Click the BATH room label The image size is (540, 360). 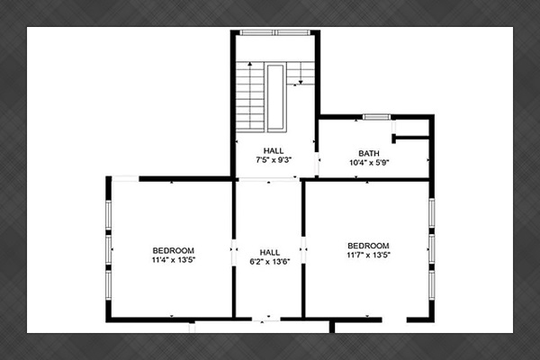click(369, 153)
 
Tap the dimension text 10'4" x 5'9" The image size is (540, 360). click(369, 163)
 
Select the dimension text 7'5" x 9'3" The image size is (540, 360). click(274, 160)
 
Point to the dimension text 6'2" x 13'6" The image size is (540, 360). click(270, 262)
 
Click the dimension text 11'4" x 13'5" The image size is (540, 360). click(174, 260)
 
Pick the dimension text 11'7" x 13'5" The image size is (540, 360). click(368, 255)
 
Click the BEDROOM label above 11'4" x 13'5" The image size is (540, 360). click(173, 250)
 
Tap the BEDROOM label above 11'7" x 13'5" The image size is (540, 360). click(368, 246)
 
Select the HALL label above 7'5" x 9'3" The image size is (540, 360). click(274, 150)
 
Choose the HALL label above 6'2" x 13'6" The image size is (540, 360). click(270, 252)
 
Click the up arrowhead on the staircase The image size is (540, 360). click(249, 64)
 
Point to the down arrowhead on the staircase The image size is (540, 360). click(301, 82)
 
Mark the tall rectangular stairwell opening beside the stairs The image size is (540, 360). click(275, 97)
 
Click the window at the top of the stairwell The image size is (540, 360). click(274, 32)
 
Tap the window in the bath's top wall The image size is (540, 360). click(376, 117)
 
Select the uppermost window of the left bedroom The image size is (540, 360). click(109, 215)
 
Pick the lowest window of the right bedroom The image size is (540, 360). click(431, 285)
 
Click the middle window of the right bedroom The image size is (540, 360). click(431, 248)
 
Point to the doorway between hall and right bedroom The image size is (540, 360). click(303, 250)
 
